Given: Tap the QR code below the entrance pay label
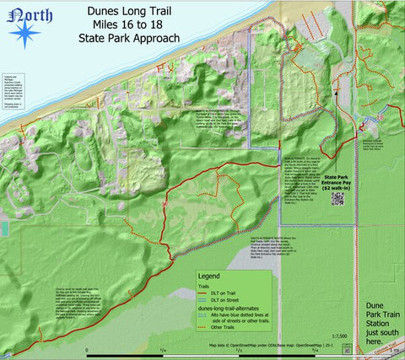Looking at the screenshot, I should (x=338, y=199).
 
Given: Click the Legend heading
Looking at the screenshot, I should (x=208, y=277).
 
